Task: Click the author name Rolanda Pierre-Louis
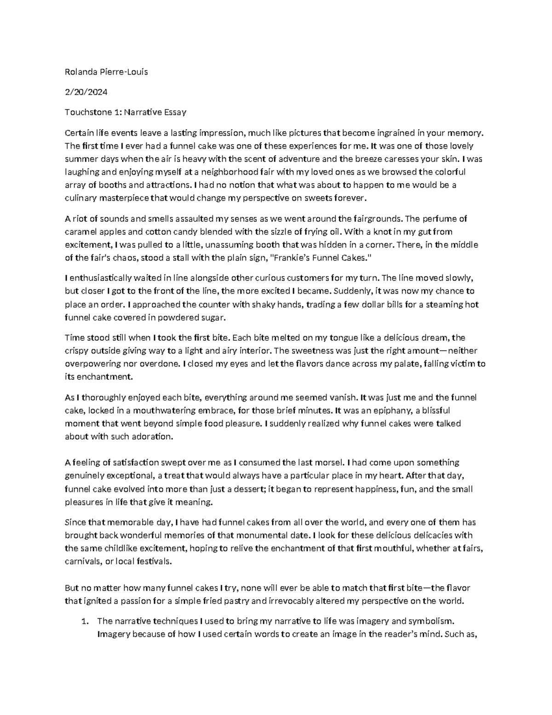pyautogui.click(x=106, y=72)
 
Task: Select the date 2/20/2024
pyautogui.click(x=86, y=92)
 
